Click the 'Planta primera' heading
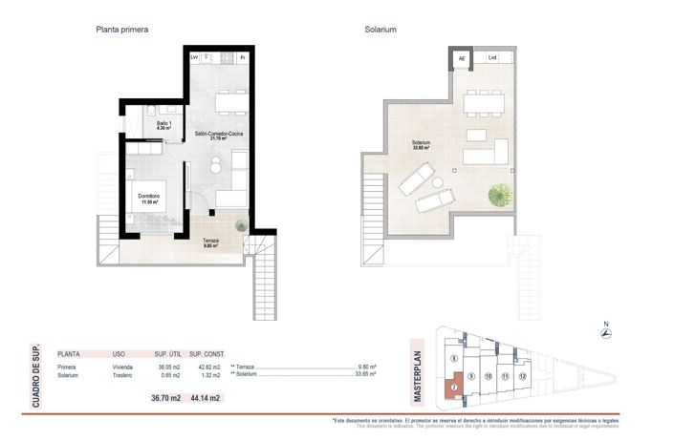click(x=121, y=30)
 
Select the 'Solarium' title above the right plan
click(x=380, y=30)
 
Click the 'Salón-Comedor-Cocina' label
click(x=220, y=134)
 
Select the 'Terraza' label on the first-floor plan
click(x=210, y=241)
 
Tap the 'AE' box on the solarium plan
click(x=462, y=58)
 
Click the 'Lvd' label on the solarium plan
click(x=492, y=58)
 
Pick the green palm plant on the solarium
click(x=499, y=196)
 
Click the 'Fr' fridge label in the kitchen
click(x=243, y=58)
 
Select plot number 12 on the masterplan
click(x=522, y=376)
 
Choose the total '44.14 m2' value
click(x=204, y=398)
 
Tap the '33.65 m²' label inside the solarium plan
click(x=420, y=149)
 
